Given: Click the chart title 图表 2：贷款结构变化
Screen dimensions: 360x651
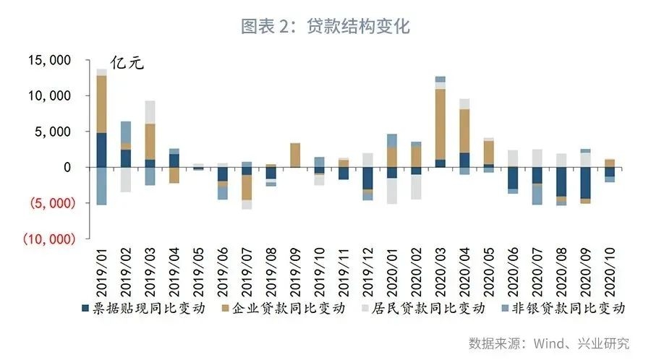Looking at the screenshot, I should (x=325, y=27).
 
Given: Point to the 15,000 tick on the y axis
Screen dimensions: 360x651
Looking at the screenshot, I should (x=51, y=61).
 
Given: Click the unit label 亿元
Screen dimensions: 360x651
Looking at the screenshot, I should (x=127, y=63).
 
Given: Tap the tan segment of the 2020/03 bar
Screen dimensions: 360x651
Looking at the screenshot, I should (x=441, y=124).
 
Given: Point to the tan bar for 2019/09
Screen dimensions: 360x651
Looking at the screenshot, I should (x=295, y=155).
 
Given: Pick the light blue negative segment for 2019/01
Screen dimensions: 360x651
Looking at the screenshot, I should (x=102, y=186).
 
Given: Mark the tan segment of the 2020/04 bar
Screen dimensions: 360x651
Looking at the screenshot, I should (x=464, y=131).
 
